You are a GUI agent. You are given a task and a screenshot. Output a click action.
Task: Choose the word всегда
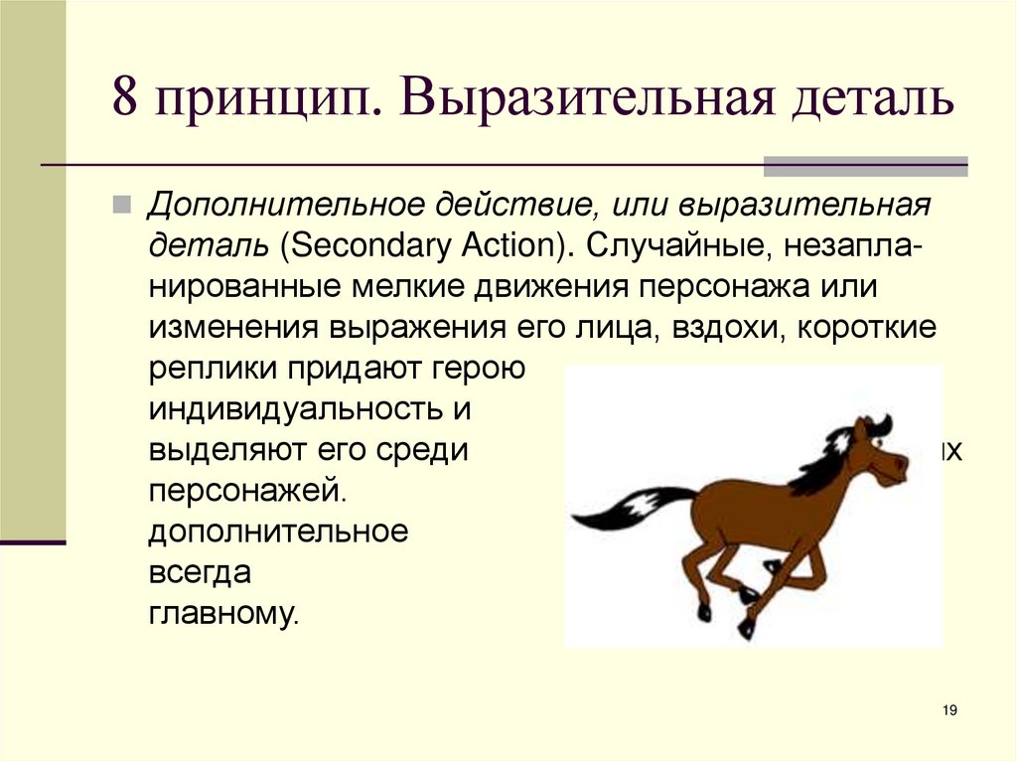click(x=201, y=573)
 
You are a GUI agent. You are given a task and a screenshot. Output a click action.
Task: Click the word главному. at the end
click(x=223, y=613)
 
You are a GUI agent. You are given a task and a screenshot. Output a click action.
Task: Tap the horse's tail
click(x=626, y=506)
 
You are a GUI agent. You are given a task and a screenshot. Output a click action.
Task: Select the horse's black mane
click(x=819, y=462)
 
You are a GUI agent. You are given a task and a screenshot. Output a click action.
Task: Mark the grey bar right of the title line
click(x=865, y=165)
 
